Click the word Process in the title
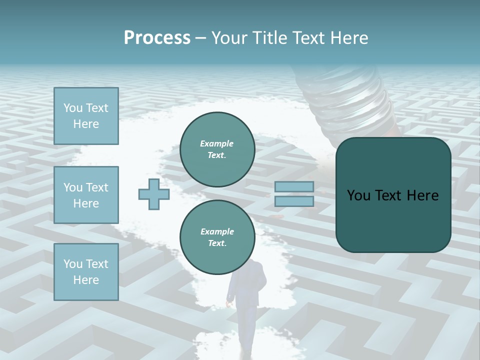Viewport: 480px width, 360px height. click(x=157, y=38)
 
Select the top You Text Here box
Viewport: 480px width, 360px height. click(x=86, y=116)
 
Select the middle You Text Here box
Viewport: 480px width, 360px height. click(x=86, y=195)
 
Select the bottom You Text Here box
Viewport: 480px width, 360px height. click(x=86, y=272)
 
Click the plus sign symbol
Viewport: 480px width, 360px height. click(x=154, y=194)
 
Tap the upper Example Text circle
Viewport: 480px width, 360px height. click(x=217, y=149)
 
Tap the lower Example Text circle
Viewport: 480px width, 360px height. click(x=217, y=237)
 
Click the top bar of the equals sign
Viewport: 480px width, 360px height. click(x=294, y=187)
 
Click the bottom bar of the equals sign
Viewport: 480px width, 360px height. click(x=294, y=201)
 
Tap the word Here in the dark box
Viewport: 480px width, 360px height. click(x=422, y=195)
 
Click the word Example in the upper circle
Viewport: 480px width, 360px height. click(x=217, y=144)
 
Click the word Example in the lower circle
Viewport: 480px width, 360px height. click(x=217, y=232)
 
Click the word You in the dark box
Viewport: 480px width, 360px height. click(x=358, y=195)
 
